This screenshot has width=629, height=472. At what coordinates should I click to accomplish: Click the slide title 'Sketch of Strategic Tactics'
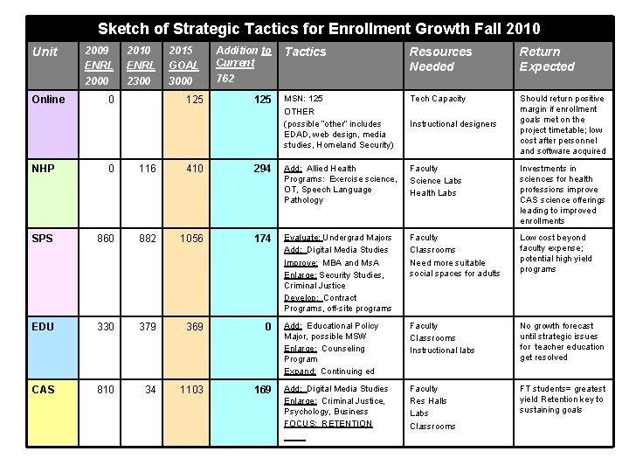(x=319, y=29)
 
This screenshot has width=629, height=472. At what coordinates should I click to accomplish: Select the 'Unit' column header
(x=45, y=52)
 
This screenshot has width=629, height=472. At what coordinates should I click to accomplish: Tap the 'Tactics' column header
(x=305, y=52)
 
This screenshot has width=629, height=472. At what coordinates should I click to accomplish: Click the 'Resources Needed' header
(x=440, y=59)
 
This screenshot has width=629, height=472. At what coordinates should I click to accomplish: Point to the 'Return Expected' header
(x=547, y=59)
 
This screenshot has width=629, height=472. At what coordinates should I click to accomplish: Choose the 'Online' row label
(x=48, y=99)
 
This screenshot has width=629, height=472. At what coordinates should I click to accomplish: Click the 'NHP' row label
(x=43, y=168)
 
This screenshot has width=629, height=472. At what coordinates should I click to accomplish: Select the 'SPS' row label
(x=43, y=238)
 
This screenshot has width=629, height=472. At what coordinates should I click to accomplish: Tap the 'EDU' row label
(x=43, y=326)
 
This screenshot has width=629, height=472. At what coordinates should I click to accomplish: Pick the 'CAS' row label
(x=43, y=389)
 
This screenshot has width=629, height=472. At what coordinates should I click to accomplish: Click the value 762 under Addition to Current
(x=225, y=79)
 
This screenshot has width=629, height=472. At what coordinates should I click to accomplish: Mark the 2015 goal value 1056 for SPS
(x=191, y=238)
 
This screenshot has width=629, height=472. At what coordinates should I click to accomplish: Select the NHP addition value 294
(x=262, y=168)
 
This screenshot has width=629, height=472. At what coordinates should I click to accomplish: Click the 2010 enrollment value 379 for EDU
(x=147, y=326)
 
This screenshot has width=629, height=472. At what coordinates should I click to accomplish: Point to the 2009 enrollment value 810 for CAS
(x=105, y=389)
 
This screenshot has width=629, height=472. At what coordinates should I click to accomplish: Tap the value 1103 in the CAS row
(x=191, y=389)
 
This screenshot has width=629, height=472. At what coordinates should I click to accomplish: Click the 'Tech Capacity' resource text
(x=438, y=99)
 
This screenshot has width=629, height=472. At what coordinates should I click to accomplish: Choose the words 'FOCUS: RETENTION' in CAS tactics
(x=328, y=424)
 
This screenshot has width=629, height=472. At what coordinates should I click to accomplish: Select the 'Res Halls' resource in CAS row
(x=429, y=401)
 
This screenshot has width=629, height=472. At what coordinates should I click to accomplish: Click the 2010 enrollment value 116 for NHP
(x=147, y=168)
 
